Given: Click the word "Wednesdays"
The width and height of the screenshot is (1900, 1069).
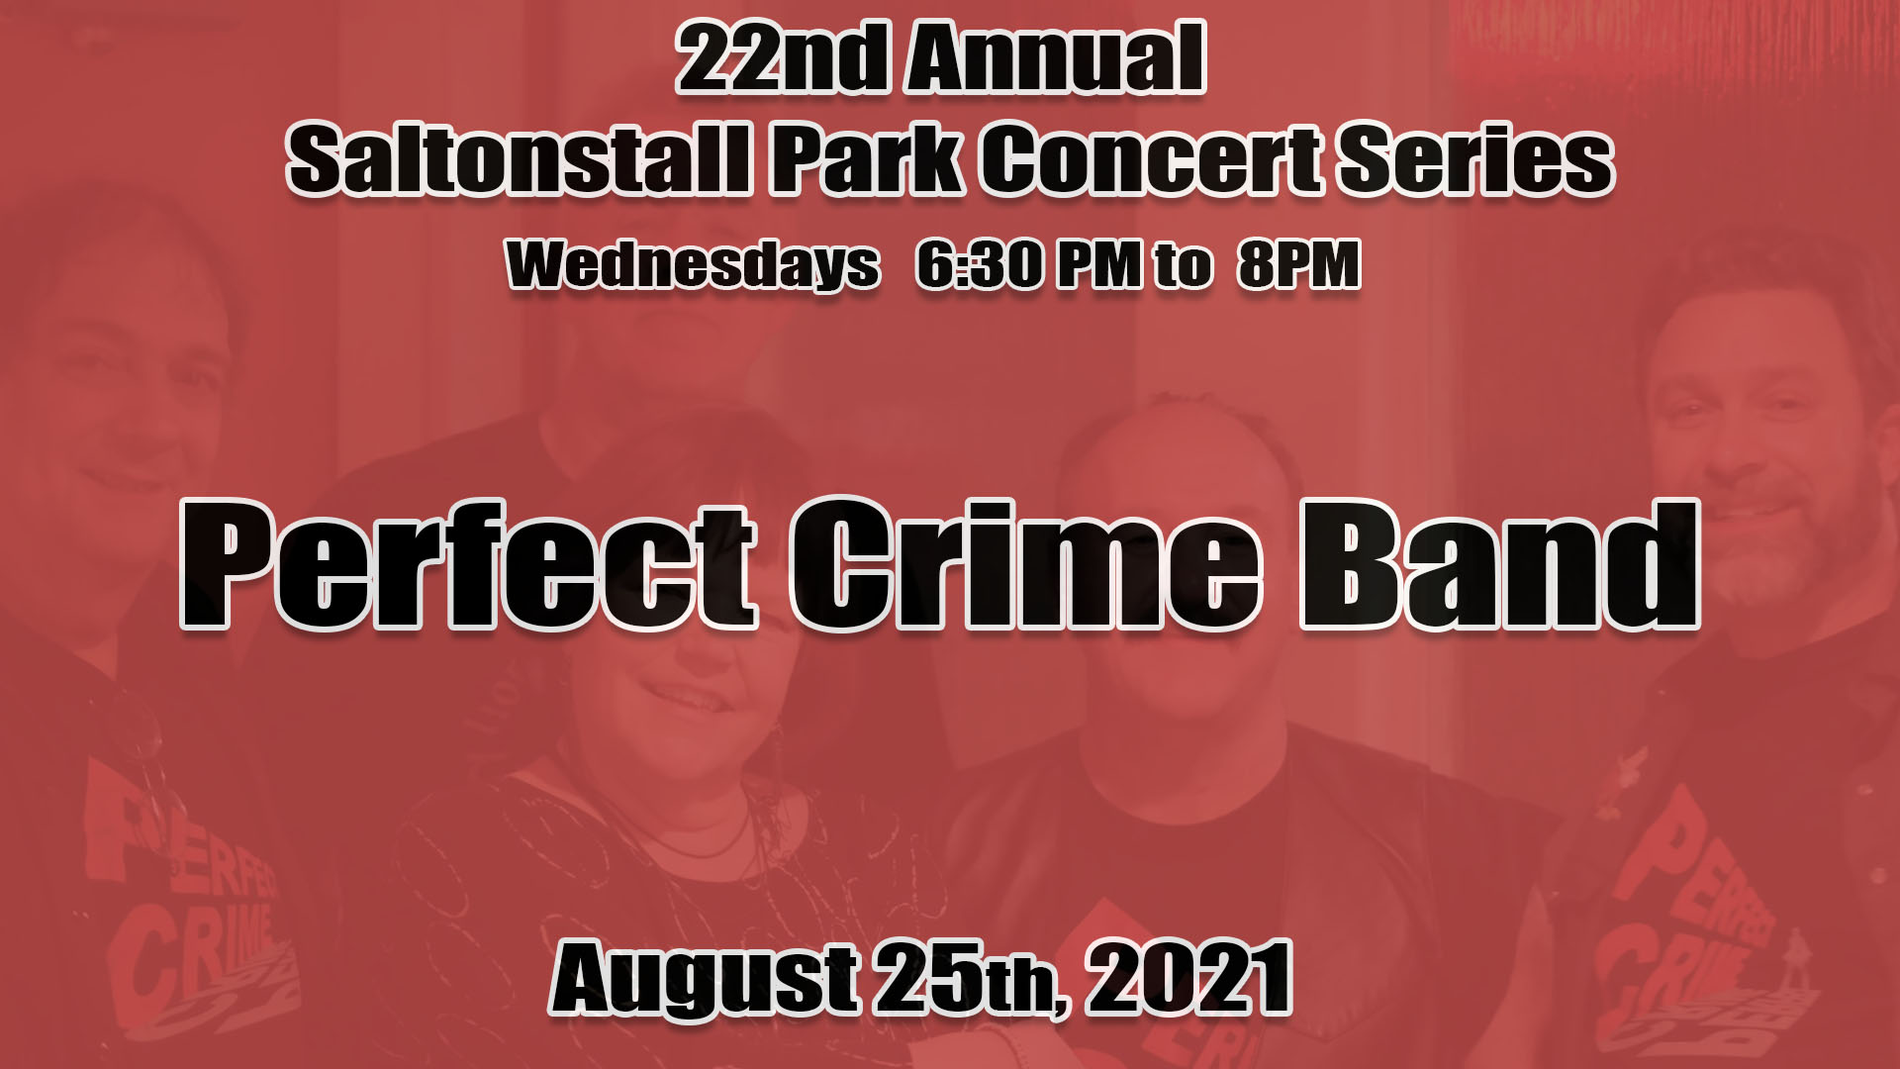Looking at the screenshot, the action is (693, 264).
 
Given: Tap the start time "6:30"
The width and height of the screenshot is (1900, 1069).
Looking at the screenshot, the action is (979, 264).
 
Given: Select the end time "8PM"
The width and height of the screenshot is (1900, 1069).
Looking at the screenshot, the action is (1299, 264).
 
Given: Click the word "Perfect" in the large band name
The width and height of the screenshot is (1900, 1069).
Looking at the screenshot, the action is (468, 564).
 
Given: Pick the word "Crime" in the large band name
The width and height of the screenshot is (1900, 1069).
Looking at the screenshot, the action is (1026, 564).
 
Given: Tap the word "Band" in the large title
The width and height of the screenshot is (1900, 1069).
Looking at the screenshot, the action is (1498, 564).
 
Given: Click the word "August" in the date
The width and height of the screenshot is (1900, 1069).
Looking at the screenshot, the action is (704, 980).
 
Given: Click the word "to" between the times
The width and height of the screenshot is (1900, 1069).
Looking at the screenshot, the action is (1183, 265).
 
